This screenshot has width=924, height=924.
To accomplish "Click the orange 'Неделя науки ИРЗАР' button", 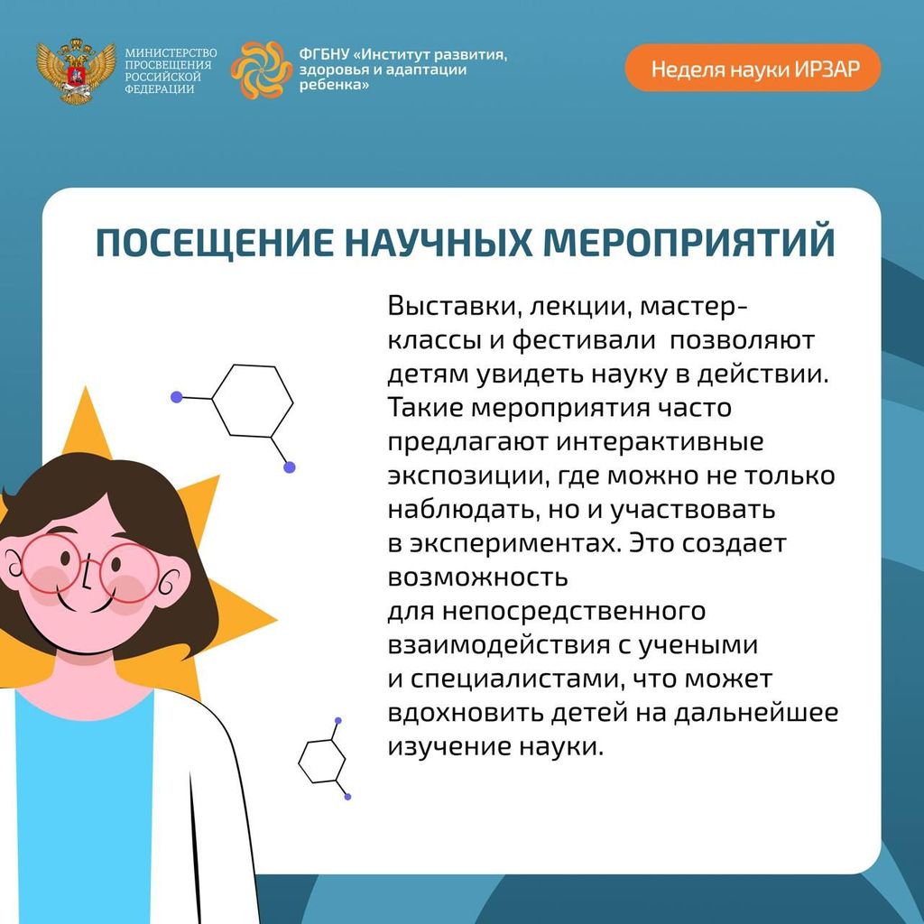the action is click(x=753, y=68).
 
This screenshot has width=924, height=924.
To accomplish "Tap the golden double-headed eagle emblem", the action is click(x=76, y=70).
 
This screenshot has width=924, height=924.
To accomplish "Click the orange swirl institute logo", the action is click(x=261, y=69).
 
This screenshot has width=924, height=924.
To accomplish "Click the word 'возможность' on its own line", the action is click(x=477, y=577).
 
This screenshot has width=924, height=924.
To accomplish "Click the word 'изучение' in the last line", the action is click(x=448, y=747).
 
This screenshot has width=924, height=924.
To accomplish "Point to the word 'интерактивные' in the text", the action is click(x=660, y=442).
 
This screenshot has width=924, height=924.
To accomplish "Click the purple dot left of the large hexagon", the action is click(x=176, y=397).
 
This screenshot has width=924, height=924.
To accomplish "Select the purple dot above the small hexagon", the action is click(x=338, y=720).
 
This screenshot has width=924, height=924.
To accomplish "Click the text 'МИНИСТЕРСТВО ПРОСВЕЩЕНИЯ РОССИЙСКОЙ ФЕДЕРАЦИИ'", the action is click(x=171, y=70).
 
